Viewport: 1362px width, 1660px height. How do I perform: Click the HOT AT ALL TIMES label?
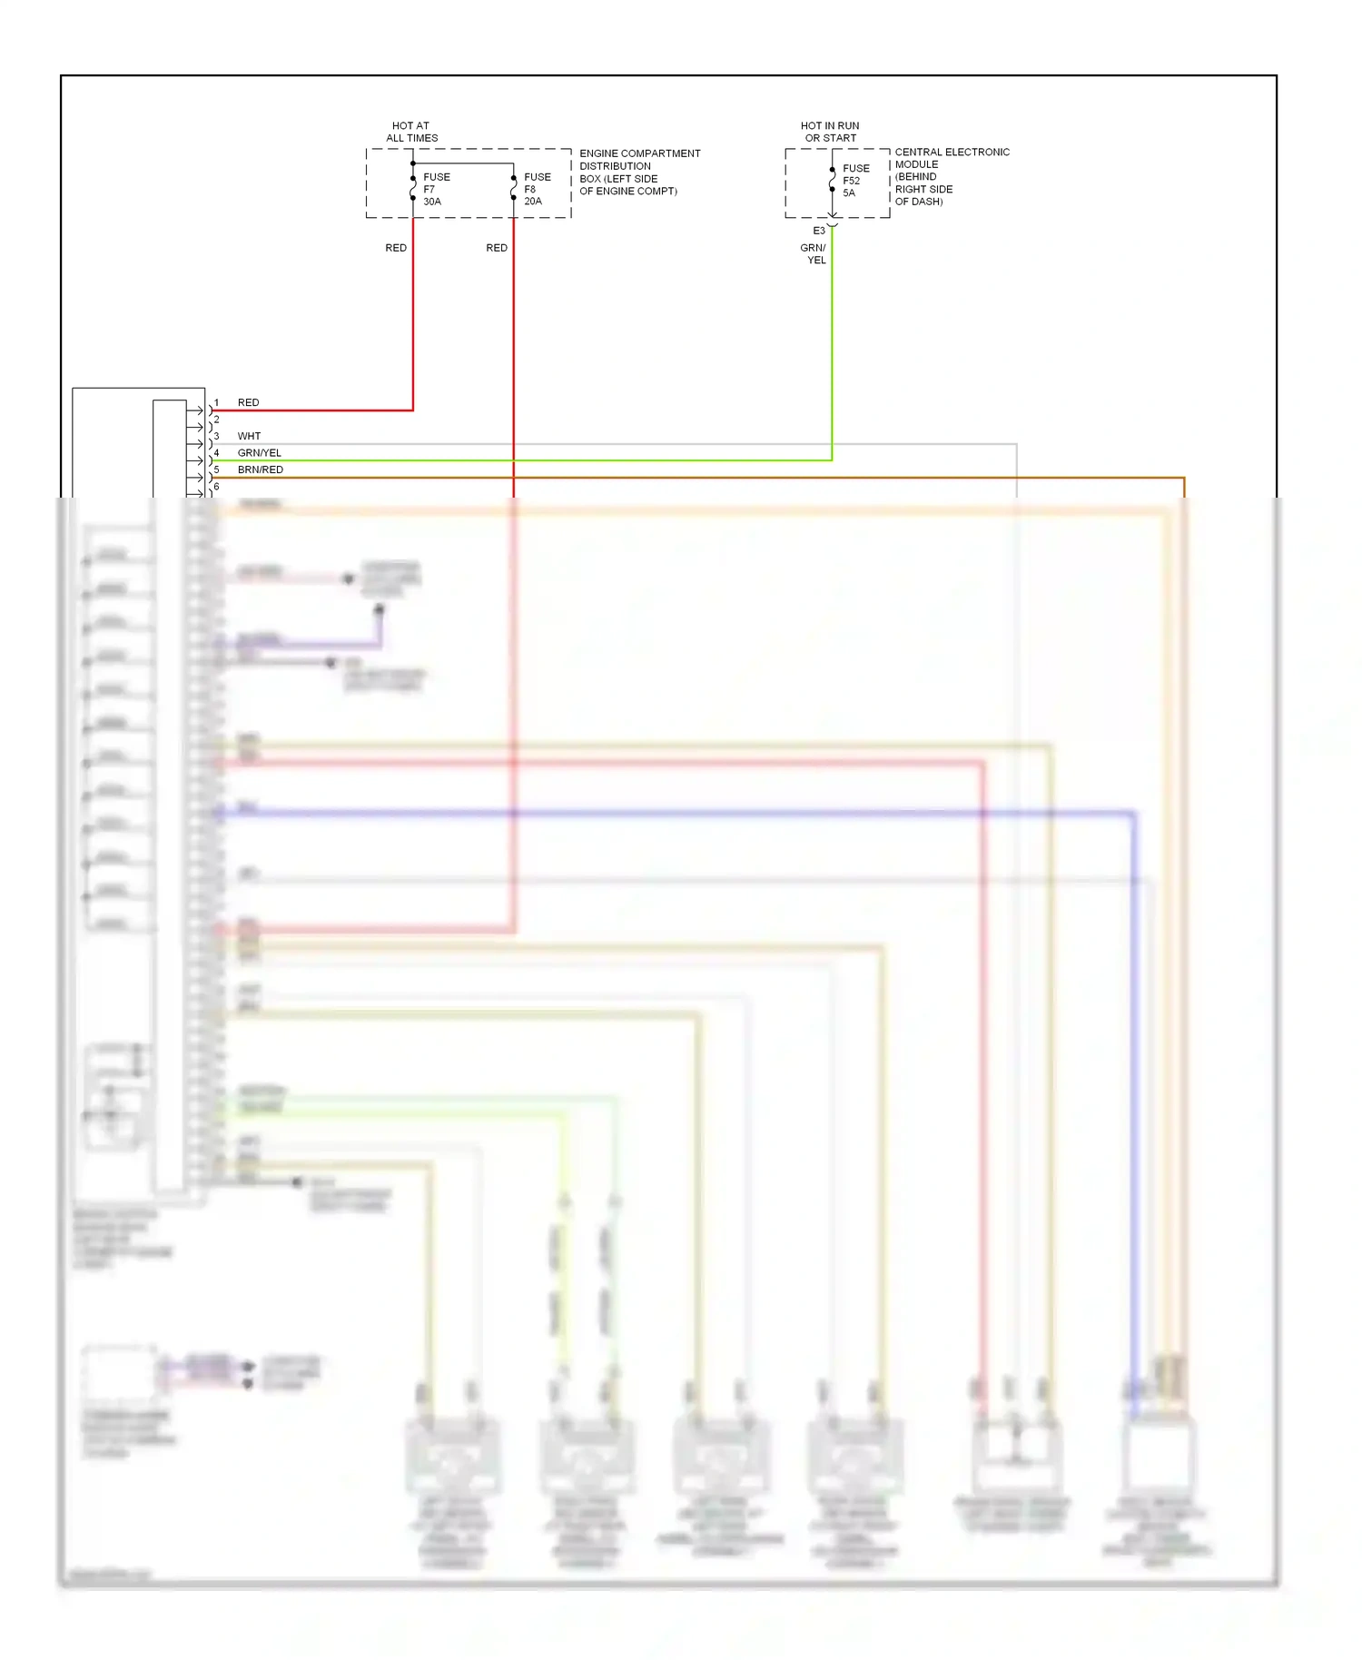click(x=411, y=132)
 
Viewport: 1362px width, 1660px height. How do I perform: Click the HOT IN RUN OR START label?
click(x=829, y=132)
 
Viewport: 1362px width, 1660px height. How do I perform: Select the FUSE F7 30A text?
click(x=436, y=189)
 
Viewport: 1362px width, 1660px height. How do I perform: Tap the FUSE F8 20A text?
click(x=537, y=189)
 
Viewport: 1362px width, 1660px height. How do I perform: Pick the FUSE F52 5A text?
click(x=855, y=180)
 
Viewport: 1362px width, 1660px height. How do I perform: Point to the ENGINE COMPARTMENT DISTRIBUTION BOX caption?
click(x=639, y=172)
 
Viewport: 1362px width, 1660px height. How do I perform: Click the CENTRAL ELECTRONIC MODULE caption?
click(x=951, y=176)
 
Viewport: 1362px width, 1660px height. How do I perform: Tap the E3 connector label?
click(x=819, y=231)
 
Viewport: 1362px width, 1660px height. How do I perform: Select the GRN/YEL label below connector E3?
click(x=814, y=253)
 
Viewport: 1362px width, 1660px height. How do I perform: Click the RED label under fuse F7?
click(x=396, y=248)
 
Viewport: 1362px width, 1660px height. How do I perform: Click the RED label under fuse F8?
click(x=497, y=248)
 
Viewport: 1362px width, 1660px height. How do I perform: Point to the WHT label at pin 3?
click(x=249, y=436)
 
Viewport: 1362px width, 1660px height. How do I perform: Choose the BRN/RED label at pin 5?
click(x=260, y=469)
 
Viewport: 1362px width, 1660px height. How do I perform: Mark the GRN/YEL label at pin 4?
click(x=259, y=452)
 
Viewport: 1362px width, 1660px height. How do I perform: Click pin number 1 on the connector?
click(x=216, y=402)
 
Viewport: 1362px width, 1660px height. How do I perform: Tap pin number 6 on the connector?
click(x=216, y=487)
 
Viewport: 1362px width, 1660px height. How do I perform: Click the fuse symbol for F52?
click(x=832, y=180)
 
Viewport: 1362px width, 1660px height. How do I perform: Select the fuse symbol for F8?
click(x=514, y=187)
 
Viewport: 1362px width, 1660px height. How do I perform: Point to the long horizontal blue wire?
click(x=681, y=813)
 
